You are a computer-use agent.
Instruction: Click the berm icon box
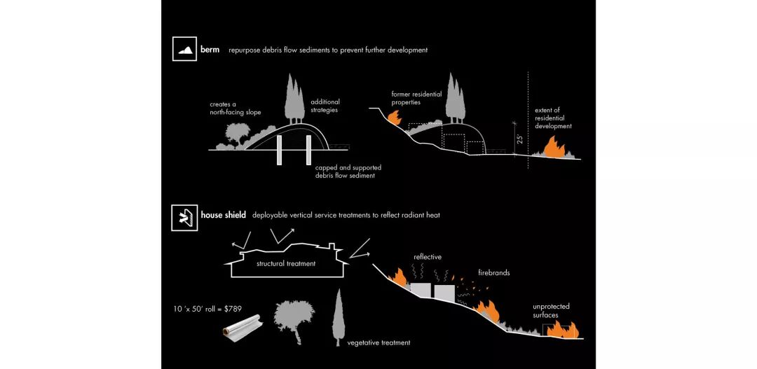click(x=184, y=50)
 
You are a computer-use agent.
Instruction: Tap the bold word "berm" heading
click(x=210, y=50)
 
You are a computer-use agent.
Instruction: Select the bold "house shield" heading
click(x=223, y=216)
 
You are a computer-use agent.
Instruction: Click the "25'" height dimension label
click(x=519, y=139)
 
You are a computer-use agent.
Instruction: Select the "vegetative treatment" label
click(x=378, y=342)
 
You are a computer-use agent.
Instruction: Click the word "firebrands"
click(x=494, y=272)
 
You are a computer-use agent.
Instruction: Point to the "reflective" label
click(x=428, y=257)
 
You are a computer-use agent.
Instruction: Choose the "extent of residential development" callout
click(x=553, y=118)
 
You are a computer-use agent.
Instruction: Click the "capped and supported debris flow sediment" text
click(x=348, y=172)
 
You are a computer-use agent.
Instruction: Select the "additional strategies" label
click(x=325, y=106)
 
